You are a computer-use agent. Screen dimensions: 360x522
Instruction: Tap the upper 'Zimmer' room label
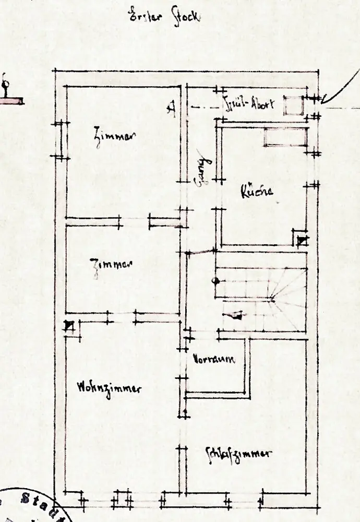point(115,137)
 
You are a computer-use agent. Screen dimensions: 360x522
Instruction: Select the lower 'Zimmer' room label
point(111,265)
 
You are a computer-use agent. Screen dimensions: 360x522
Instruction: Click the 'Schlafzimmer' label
point(238,453)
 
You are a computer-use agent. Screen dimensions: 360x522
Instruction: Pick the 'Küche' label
point(257,192)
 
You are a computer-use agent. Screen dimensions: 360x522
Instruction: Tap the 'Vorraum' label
point(213,359)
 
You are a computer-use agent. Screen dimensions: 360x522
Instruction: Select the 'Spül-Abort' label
point(248,103)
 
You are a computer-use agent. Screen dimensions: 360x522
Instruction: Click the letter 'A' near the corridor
point(170,108)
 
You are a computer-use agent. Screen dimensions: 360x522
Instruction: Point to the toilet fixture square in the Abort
point(293,105)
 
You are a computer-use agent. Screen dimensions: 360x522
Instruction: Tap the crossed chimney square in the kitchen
point(302,241)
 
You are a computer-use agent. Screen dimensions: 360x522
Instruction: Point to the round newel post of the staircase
point(214,281)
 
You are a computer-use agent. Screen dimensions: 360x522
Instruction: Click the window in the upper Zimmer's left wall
point(63,140)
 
